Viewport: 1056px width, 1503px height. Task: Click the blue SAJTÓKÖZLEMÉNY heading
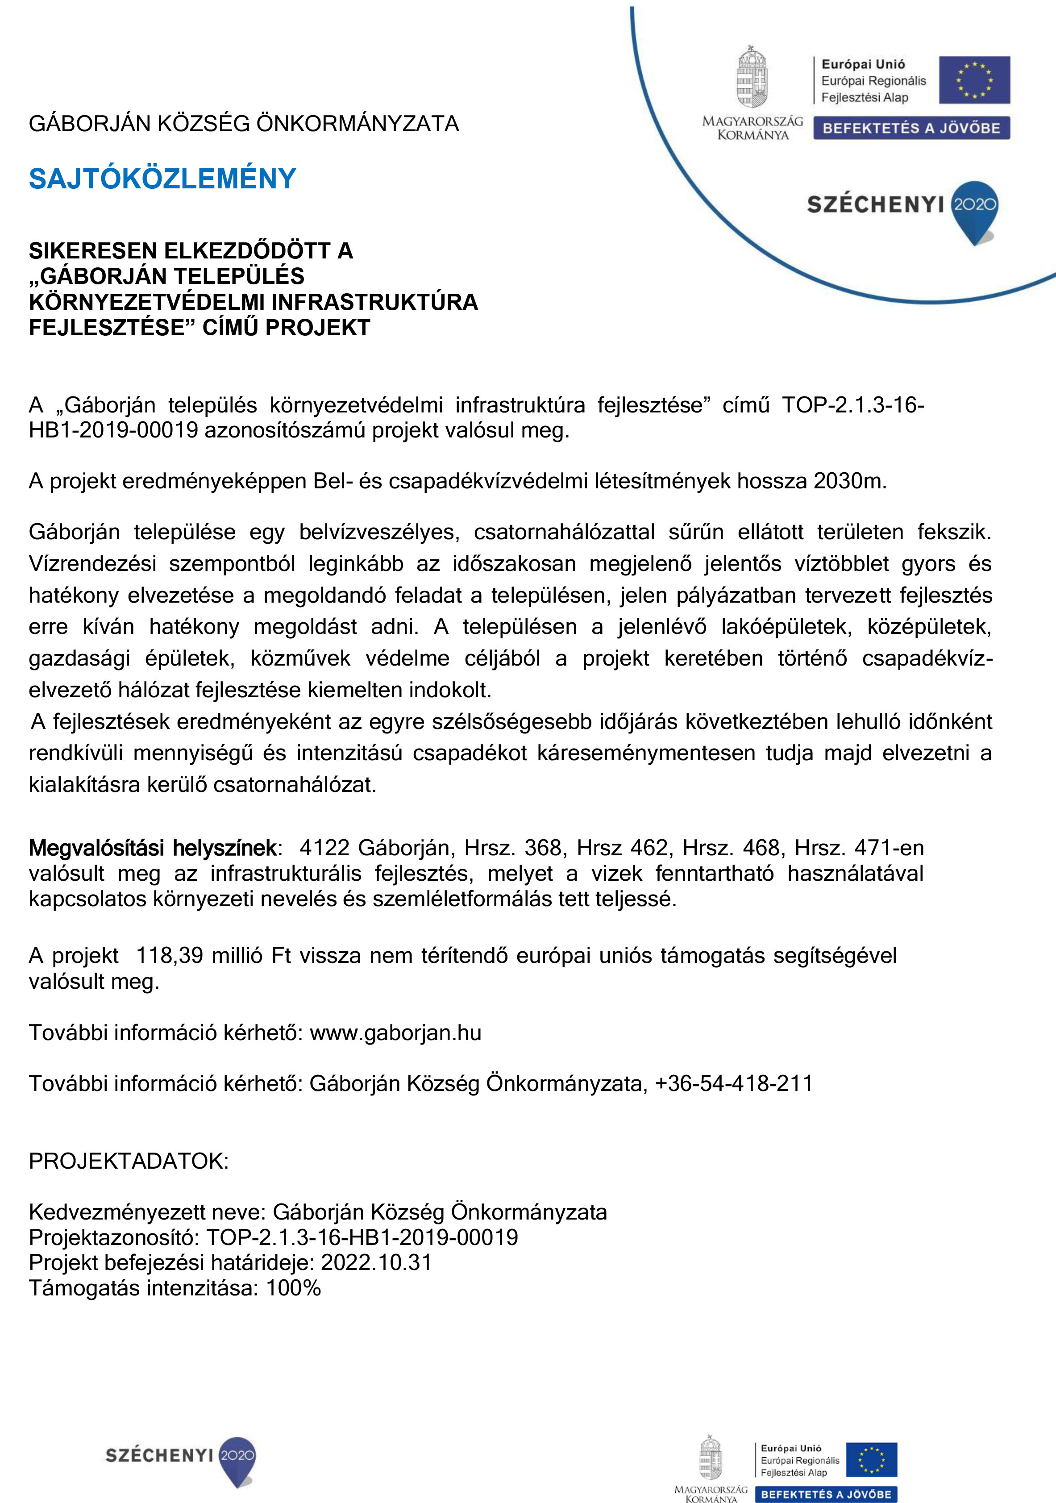pyautogui.click(x=162, y=179)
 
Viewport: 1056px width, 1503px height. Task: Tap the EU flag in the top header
pyautogui.click(x=974, y=80)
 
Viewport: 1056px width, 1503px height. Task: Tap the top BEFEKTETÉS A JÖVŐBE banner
pyautogui.click(x=911, y=128)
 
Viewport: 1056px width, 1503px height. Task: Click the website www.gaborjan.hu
pyautogui.click(x=395, y=1033)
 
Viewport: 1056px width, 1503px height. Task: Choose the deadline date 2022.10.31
pyautogui.click(x=376, y=1262)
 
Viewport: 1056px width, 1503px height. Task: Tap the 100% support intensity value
pyautogui.click(x=293, y=1288)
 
